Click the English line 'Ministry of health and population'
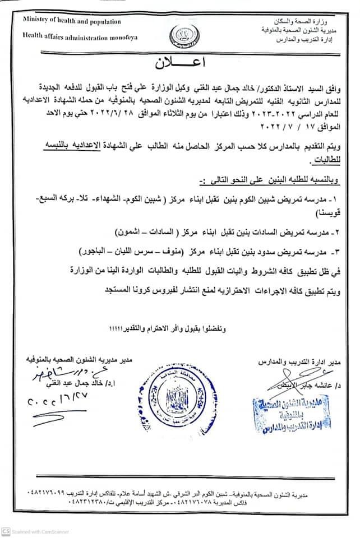point(72,21)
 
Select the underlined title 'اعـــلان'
point(179,62)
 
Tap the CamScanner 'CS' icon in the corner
point(6,531)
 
